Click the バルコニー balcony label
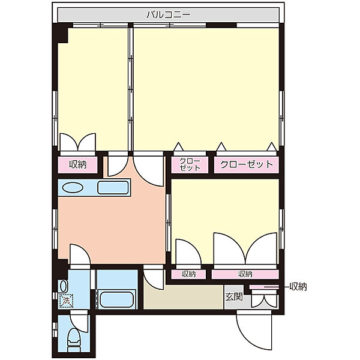point(168,15)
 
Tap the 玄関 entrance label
point(234,296)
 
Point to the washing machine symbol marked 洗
point(66,301)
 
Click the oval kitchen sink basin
point(73,188)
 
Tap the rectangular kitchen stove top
point(113,187)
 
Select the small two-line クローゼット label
point(190,164)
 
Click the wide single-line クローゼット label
point(247,164)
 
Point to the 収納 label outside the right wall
point(298,287)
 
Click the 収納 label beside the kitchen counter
point(78,164)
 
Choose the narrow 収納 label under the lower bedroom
point(188,274)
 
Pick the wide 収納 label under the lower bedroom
point(245,274)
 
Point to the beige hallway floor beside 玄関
point(183,297)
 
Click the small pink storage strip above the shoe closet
point(264,287)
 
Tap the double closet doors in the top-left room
point(77,142)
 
